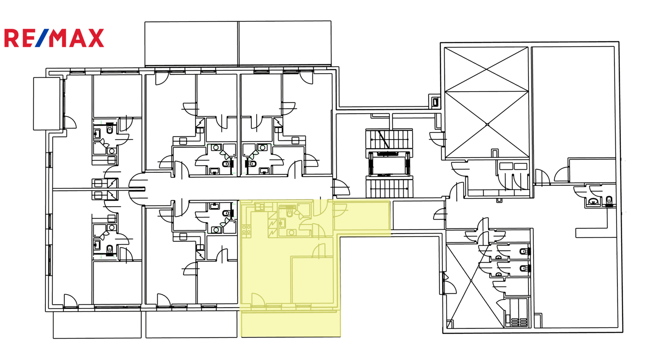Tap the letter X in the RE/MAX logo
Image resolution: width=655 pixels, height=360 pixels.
pyautogui.click(x=96, y=38)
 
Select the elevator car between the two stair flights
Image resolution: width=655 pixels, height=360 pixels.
pyautogui.click(x=389, y=164)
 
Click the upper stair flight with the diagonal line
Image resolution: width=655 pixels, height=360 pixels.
pyautogui.click(x=389, y=139)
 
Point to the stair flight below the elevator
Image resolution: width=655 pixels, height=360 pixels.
pyautogui.click(x=389, y=188)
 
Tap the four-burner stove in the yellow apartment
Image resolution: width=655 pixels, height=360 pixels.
pyautogui.click(x=246, y=231)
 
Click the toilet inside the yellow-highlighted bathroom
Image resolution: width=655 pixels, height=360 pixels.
pyautogui.click(x=289, y=211)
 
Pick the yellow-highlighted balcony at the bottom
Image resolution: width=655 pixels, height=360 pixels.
pyautogui.click(x=290, y=324)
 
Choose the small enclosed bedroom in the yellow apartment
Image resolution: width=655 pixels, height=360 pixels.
pyautogui.click(x=312, y=280)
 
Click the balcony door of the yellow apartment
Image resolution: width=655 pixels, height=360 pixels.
pyautogui.click(x=258, y=300)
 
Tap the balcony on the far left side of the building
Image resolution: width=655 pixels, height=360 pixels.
pyautogui.click(x=47, y=103)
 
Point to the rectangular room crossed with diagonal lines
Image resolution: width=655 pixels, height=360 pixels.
pyautogui.click(x=486, y=103)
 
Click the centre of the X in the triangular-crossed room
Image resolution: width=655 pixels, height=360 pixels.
pyautogui.click(x=471, y=281)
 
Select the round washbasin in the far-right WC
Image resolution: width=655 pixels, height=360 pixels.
pyautogui.click(x=593, y=201)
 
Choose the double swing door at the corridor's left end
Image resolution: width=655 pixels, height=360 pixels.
pyautogui.click(x=137, y=189)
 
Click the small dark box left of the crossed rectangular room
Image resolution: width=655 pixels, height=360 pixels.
pyautogui.click(x=436, y=102)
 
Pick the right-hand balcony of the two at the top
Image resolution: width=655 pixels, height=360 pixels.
pyautogui.click(x=285, y=43)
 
